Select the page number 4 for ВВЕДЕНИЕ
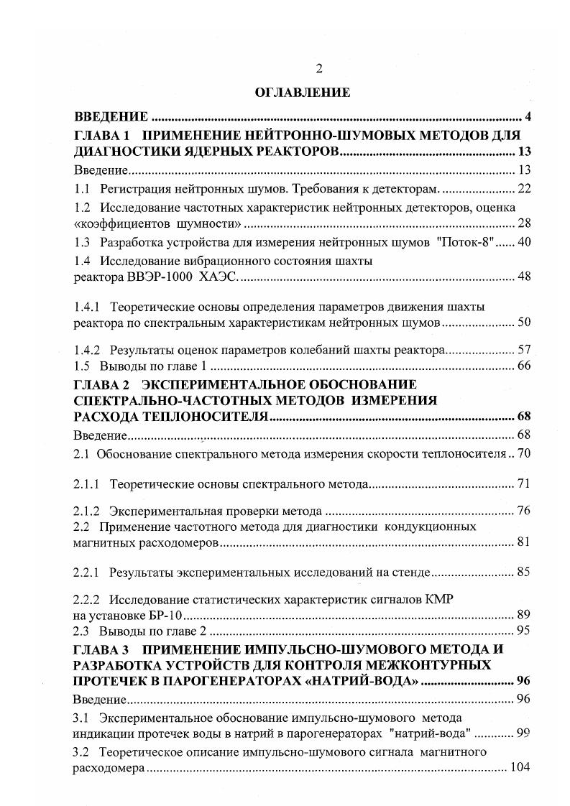527,117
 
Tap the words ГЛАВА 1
100,135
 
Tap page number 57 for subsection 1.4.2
523,350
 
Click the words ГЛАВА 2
100,384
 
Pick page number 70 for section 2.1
523,453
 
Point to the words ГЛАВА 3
100,649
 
